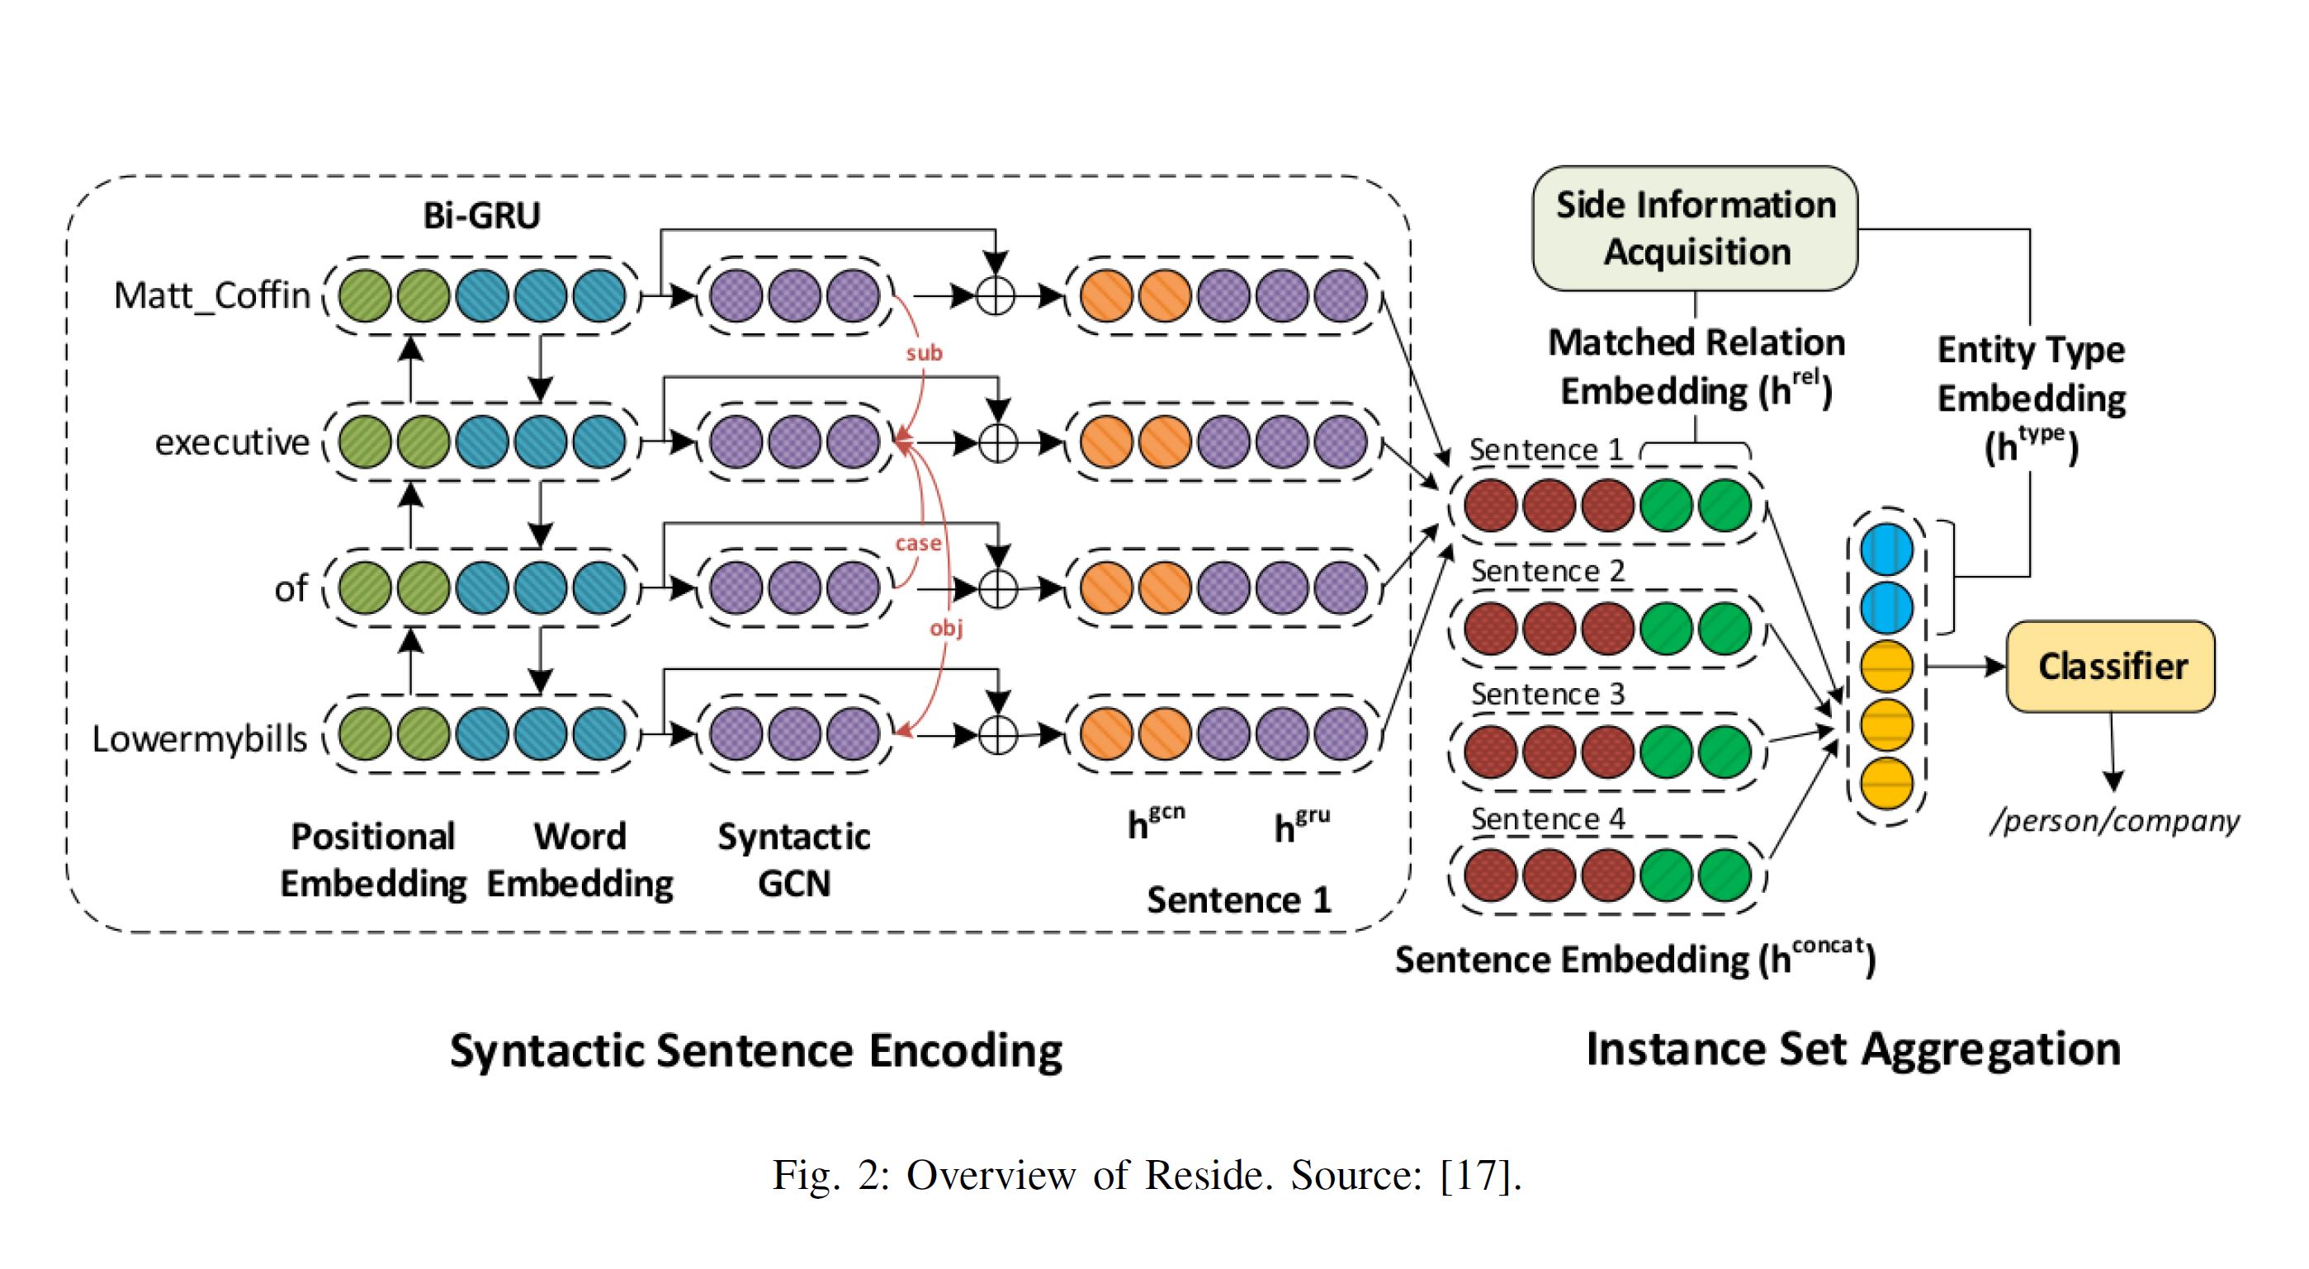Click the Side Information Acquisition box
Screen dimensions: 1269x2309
[1695, 229]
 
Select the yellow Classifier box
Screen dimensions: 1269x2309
[2111, 666]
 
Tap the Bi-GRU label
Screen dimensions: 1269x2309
[481, 215]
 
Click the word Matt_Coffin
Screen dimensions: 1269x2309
[211, 295]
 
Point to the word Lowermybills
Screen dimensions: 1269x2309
[199, 738]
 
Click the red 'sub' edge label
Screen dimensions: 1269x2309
[924, 353]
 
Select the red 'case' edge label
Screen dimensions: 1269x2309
[918, 543]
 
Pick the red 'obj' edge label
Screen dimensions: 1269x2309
[947, 627]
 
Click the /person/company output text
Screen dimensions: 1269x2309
[2113, 820]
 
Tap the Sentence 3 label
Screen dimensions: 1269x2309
[1548, 694]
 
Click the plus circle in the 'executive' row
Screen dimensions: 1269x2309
[997, 441]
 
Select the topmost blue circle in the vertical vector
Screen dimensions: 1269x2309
[1887, 550]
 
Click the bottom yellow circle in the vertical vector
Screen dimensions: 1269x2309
[1887, 782]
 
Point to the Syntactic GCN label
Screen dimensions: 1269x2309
[793, 860]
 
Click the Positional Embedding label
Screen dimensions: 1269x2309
[373, 860]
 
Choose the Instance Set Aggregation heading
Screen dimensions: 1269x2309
[1852, 1049]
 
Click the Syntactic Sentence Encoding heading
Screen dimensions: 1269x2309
[755, 1050]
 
